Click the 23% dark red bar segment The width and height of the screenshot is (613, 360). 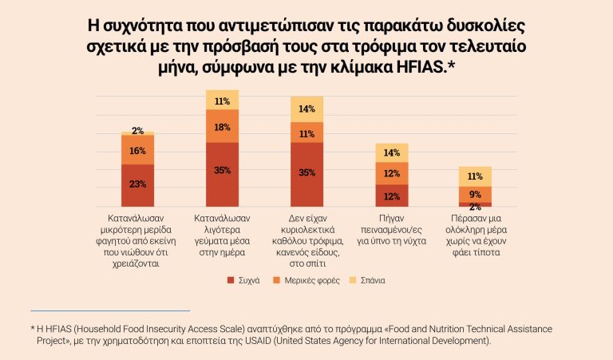(x=138, y=185)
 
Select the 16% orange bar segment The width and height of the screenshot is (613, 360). (x=138, y=150)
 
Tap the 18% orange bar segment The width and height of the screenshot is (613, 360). (x=222, y=126)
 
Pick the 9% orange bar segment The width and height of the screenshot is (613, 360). (x=475, y=194)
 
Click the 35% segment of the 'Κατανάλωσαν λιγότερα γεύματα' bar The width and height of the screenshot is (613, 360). (x=222, y=170)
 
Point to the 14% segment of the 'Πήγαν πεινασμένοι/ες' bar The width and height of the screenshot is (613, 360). (x=391, y=152)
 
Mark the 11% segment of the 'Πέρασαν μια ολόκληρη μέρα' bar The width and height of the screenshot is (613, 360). (x=475, y=176)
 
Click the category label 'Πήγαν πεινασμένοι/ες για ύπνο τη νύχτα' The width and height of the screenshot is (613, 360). (x=391, y=228)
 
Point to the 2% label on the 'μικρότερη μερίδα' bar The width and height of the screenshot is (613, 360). (x=138, y=131)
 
